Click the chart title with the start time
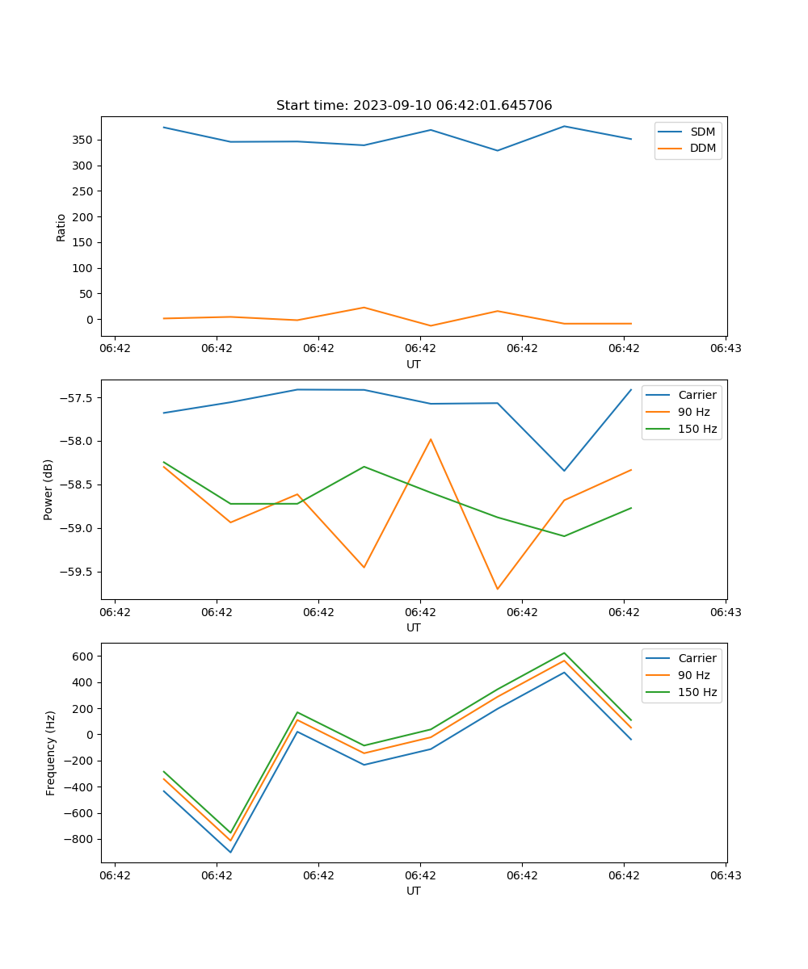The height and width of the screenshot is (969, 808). coord(414,105)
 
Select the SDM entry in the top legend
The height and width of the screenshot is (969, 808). coord(702,132)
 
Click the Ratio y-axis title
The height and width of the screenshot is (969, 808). coord(61,227)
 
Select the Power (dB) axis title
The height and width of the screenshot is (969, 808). coord(48,489)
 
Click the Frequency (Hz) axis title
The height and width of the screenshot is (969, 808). coord(50,753)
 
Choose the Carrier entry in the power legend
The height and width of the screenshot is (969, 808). coord(696,395)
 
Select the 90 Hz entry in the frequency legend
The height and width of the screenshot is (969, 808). coord(694,675)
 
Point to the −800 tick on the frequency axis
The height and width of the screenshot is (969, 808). coord(79,840)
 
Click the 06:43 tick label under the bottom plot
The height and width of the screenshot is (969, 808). coord(725,875)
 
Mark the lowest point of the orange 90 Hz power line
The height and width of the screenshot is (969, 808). coord(497,589)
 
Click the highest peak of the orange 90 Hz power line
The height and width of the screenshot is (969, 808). coord(431,439)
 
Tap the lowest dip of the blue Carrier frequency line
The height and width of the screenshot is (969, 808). coord(230,852)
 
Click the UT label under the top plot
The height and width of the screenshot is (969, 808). coord(414,364)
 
